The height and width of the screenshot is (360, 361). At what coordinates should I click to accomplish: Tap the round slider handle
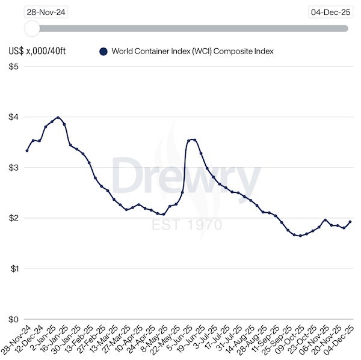(32, 28)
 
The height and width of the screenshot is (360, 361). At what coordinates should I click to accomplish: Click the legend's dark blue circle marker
(103, 52)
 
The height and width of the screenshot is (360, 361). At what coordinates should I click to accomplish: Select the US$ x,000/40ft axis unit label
(37, 52)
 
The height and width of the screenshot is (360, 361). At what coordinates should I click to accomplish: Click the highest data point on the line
(58, 117)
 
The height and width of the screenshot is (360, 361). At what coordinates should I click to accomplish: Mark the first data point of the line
(26, 150)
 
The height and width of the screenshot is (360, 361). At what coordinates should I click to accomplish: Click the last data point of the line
(350, 222)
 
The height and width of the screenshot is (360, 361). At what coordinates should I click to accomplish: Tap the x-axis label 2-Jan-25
(49, 340)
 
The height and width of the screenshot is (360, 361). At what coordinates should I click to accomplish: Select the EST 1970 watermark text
(187, 225)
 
